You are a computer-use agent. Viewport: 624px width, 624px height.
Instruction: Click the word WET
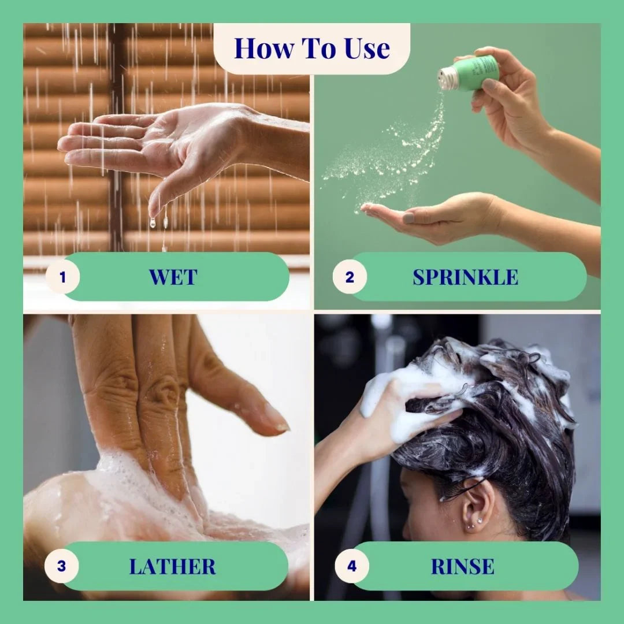point(173,277)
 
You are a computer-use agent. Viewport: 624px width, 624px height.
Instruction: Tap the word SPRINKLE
point(465,277)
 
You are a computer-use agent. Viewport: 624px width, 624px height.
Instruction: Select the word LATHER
point(172,566)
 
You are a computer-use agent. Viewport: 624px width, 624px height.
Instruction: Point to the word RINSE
point(462,566)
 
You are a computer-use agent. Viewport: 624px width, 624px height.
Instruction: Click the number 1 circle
point(62,277)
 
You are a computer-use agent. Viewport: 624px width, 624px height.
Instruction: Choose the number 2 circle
point(350,277)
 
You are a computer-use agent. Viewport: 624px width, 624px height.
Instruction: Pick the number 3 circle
point(61,566)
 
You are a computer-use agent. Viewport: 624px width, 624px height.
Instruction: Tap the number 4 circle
point(352,566)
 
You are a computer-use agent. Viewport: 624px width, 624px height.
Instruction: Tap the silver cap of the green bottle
point(447,78)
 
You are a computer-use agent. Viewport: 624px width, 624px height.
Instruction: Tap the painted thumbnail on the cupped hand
point(408,218)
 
